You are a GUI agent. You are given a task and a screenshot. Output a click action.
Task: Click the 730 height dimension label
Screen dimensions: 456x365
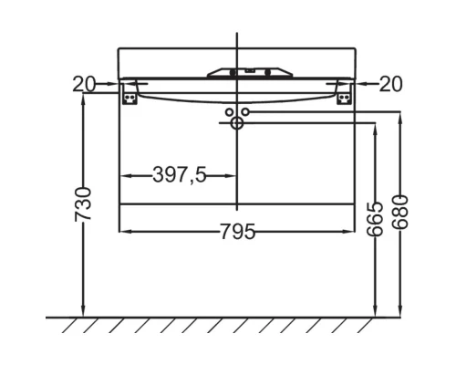pyautogui.click(x=83, y=204)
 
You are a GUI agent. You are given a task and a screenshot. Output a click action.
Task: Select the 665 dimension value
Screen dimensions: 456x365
pyautogui.click(x=375, y=219)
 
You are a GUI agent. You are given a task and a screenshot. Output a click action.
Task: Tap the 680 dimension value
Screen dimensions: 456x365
pyautogui.click(x=399, y=212)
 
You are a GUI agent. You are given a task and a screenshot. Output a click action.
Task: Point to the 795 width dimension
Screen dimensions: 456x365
pyautogui.click(x=237, y=232)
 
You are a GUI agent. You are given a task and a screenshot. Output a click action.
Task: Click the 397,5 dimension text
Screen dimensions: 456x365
pyautogui.click(x=180, y=175)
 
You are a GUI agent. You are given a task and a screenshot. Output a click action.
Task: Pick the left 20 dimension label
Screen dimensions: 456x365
pyautogui.click(x=84, y=84)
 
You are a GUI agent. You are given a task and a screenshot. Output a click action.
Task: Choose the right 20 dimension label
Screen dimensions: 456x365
pyautogui.click(x=391, y=84)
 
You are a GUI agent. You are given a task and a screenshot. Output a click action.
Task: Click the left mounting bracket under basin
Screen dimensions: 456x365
pyautogui.click(x=130, y=94)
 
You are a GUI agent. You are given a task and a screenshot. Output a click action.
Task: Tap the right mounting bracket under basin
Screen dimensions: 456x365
pyautogui.click(x=344, y=94)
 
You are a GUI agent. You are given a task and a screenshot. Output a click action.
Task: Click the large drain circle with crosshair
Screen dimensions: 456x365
pyautogui.click(x=237, y=123)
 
